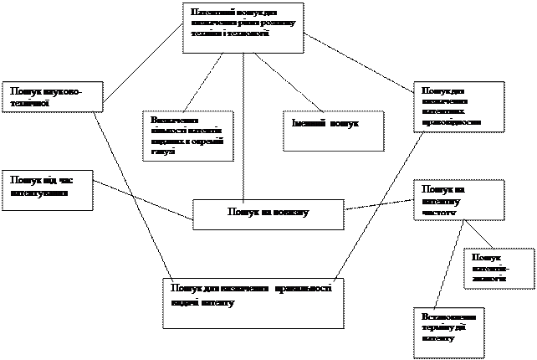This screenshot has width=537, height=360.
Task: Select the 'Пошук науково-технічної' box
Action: (54, 96)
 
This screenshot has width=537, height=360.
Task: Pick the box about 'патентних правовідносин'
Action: (460, 106)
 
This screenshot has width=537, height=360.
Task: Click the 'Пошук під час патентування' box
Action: (49, 190)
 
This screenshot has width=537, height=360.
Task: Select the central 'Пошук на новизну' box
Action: (268, 213)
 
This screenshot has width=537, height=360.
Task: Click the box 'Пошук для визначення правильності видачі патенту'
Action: (253, 302)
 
